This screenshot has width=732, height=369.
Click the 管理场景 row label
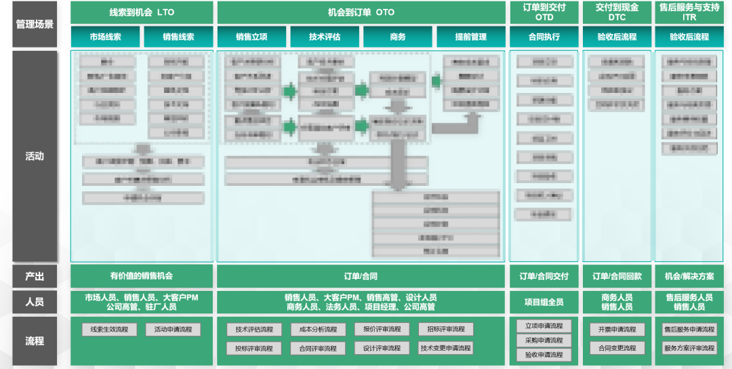(x=34, y=24)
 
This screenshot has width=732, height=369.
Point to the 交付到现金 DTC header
(x=617, y=12)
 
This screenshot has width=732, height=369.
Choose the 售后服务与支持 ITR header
(x=689, y=12)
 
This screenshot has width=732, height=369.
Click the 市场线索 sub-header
(x=105, y=37)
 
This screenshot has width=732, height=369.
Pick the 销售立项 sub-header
(x=251, y=37)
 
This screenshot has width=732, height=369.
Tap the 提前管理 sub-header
(x=471, y=37)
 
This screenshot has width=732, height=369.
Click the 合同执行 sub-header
(x=544, y=37)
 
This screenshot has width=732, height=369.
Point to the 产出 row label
(x=34, y=276)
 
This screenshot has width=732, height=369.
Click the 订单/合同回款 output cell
(x=617, y=276)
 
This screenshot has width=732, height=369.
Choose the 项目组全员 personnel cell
(x=544, y=302)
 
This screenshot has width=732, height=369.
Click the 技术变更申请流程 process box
(x=445, y=348)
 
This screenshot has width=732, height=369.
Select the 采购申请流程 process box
(x=544, y=341)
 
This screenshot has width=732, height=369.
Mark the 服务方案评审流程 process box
(x=689, y=348)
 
